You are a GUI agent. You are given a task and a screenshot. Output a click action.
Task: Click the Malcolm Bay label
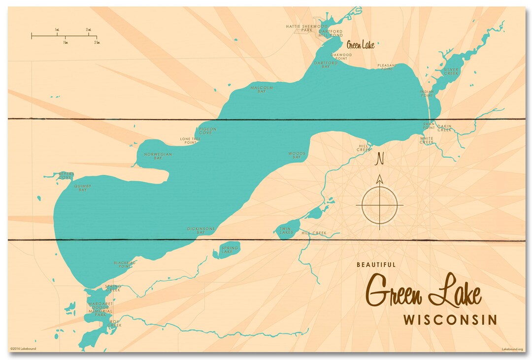point(262,89)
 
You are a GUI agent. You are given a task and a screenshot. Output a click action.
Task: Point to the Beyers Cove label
point(66,175)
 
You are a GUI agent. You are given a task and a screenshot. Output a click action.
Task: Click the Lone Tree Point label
point(190,141)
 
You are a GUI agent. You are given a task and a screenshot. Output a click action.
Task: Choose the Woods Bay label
point(297,155)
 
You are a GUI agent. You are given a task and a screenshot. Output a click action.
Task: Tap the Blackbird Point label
point(124,264)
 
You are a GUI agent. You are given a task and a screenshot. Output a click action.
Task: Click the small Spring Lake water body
point(227,250)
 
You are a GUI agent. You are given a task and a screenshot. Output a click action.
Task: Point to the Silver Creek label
point(451,71)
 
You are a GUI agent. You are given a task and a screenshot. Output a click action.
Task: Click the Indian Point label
point(427,93)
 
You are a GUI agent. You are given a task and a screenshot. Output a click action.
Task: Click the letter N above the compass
point(379,159)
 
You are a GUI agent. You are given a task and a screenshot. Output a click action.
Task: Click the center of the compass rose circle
point(379,204)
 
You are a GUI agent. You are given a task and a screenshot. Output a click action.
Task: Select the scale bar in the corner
point(64,36)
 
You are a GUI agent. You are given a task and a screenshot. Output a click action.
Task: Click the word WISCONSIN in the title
point(450,320)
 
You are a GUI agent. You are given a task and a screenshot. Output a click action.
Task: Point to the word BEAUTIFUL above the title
point(376,264)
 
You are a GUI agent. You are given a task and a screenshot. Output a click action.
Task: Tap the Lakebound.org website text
point(512,349)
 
